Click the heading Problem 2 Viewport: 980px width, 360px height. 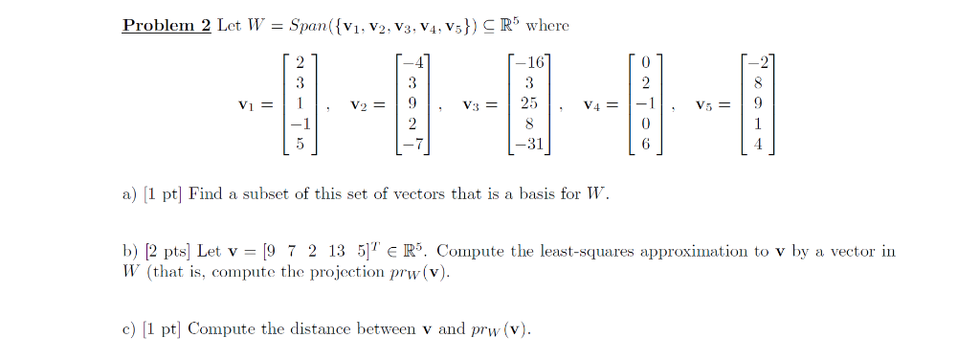[x=166, y=26]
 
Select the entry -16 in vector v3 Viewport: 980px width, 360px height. [x=527, y=63]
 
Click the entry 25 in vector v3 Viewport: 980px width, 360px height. [x=528, y=103]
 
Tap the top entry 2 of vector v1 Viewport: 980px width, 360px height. [x=300, y=63]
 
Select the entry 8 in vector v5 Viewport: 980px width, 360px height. [x=758, y=83]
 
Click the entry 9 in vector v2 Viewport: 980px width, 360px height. [x=412, y=103]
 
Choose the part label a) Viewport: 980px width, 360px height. [x=129, y=194]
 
